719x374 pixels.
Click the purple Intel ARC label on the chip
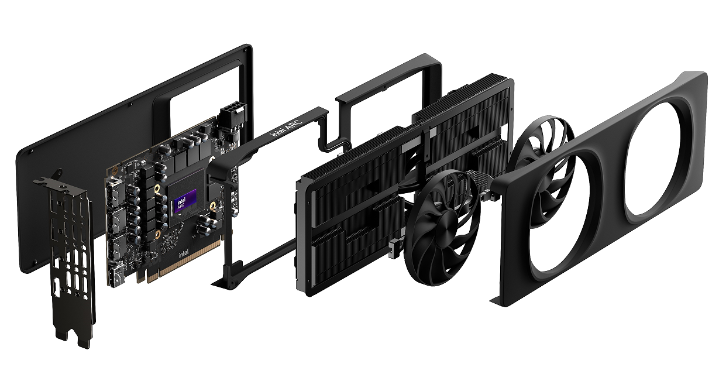185,201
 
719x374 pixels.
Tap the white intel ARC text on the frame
287,128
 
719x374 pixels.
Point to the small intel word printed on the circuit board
184,254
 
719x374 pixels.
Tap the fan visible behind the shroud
542,167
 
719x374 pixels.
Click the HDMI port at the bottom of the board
116,276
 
